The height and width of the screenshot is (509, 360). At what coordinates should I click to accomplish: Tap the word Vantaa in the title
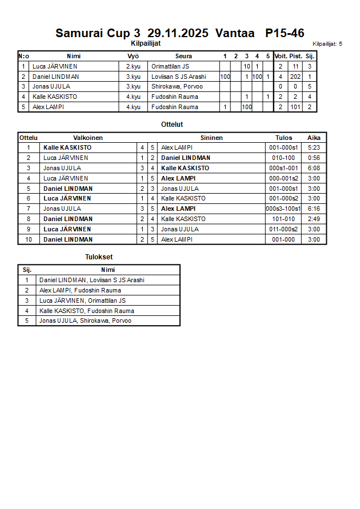pos(235,33)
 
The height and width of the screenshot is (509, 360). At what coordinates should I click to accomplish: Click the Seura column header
pos(183,56)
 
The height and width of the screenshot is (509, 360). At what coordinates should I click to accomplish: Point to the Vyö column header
pos(133,56)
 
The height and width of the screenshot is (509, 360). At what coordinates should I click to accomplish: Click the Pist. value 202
pos(295,77)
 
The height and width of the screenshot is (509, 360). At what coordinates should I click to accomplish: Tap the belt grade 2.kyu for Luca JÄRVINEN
pos(133,66)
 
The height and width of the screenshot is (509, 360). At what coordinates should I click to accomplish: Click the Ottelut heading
pos(172,124)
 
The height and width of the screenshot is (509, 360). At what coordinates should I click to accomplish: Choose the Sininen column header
pos(211,138)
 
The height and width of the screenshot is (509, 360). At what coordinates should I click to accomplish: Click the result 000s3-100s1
pos(283,209)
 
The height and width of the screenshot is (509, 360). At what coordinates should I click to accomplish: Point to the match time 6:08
pos(314,168)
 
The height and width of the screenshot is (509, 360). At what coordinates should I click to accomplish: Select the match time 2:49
pos(314,219)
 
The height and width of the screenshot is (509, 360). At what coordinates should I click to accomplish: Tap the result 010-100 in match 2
pos(283,158)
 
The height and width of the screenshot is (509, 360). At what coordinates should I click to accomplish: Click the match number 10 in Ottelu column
pos(28,239)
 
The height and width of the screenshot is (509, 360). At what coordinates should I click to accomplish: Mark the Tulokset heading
pos(99,257)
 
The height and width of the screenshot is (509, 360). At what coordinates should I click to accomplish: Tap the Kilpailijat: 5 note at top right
pos(327,43)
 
